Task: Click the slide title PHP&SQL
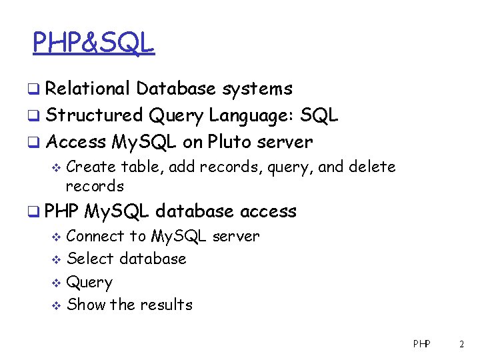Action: (93, 43)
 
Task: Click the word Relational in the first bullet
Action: (89, 89)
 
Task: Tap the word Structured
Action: (95, 115)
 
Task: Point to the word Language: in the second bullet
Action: (251, 115)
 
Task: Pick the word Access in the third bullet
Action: (76, 142)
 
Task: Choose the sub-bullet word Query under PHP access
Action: (90, 283)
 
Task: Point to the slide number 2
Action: (461, 345)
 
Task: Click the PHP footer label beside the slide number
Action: (421, 345)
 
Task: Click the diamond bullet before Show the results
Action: (57, 305)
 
